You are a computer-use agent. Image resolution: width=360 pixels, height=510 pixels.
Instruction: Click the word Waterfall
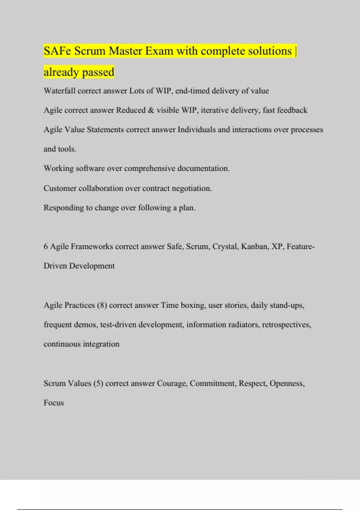pos(59,91)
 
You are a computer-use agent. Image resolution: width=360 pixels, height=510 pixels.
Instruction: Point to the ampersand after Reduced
pos(151,110)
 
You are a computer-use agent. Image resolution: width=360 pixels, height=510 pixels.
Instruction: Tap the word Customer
pos(60,188)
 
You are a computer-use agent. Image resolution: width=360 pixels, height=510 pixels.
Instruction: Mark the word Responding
pos(64,208)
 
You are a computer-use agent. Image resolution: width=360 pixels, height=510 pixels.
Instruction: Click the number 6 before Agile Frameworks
pos(46,246)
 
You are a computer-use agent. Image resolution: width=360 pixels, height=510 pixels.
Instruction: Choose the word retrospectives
pos(286,325)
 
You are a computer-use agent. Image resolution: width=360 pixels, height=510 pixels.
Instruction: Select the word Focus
pos(54,403)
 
